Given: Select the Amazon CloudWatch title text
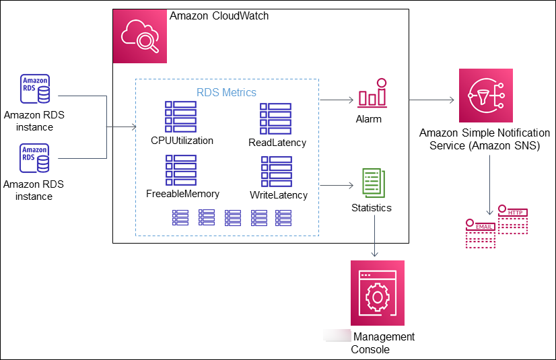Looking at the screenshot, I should point(219,15).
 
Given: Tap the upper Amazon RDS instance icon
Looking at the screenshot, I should point(34,89).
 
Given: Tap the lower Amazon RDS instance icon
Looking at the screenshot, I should point(34,157).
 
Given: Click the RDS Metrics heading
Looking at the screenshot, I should point(226,92).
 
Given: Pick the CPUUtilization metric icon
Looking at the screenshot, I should point(181,117).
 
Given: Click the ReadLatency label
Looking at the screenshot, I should point(277,143).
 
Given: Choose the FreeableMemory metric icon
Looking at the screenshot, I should point(181,170).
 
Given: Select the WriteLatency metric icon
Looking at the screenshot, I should point(276,172).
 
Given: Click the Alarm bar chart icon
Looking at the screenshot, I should point(372,94).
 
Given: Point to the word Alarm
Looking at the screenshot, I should point(369,119).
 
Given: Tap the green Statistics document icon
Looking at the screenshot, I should point(373,183).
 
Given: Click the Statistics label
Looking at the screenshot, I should point(371,208).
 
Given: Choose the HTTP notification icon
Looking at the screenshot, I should point(514,219).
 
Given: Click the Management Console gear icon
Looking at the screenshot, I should point(378,293).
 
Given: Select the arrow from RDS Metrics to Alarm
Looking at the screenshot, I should point(337,101).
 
